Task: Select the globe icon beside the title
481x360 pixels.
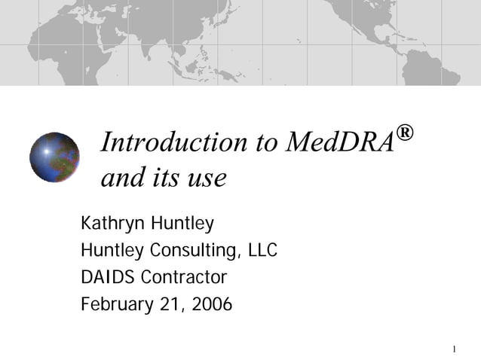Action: pos(54,157)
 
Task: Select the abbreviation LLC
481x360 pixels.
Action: pos(262,250)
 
